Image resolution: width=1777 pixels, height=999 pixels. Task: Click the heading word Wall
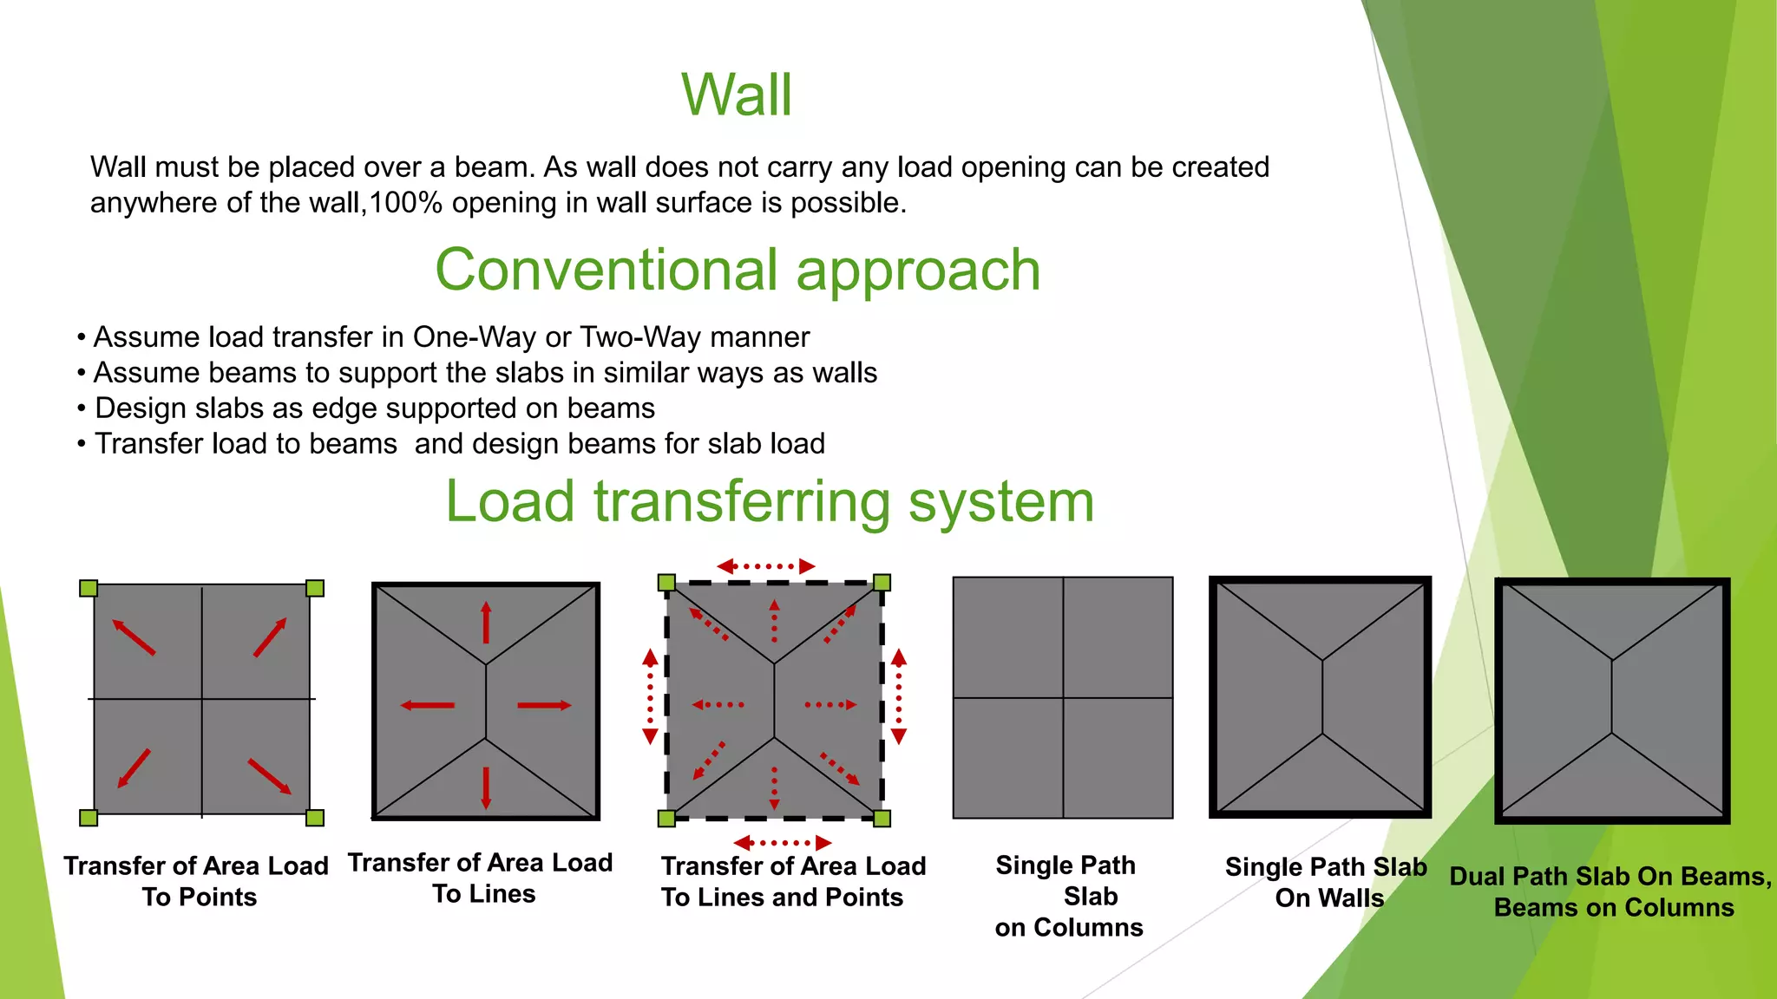pyautogui.click(x=737, y=95)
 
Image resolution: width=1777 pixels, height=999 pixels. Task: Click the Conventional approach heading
pyautogui.click(x=738, y=270)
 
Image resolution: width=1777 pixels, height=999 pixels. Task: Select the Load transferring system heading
pyautogui.click(x=770, y=501)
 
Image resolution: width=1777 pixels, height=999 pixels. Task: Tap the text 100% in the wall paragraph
pyautogui.click(x=406, y=203)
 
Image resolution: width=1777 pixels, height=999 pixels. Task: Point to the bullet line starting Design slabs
pyautogui.click(x=373, y=408)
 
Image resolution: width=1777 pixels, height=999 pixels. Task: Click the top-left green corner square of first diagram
pyautogui.click(x=89, y=589)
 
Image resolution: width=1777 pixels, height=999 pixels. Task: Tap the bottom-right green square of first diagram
pyautogui.click(x=315, y=818)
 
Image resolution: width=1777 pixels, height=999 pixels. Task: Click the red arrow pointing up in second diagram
pyautogui.click(x=486, y=623)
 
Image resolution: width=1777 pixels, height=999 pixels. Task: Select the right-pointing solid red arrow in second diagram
pyautogui.click(x=544, y=705)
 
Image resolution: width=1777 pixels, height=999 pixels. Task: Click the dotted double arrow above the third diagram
pyautogui.click(x=766, y=566)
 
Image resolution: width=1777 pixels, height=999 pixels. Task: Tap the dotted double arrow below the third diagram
pyautogui.click(x=783, y=842)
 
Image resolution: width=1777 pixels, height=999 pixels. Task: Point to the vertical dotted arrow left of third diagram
pyautogui.click(x=650, y=696)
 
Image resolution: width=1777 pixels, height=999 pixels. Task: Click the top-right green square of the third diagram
pyautogui.click(x=882, y=583)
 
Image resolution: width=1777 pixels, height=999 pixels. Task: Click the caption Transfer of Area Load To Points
pyautogui.click(x=197, y=881)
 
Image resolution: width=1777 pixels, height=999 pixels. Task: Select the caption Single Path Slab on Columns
pyautogui.click(x=1068, y=896)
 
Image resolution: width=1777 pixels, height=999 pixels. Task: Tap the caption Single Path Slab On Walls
pyautogui.click(x=1327, y=882)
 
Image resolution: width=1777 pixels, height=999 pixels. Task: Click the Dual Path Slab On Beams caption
pyautogui.click(x=1612, y=891)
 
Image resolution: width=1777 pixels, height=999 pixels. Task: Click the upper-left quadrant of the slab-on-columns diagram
pyautogui.click(x=1008, y=637)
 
